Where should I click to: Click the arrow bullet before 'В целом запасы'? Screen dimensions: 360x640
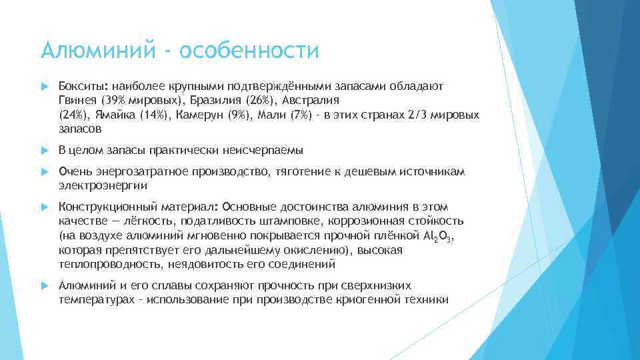(45, 149)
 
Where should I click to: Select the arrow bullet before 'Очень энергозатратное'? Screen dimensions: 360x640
(45, 172)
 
